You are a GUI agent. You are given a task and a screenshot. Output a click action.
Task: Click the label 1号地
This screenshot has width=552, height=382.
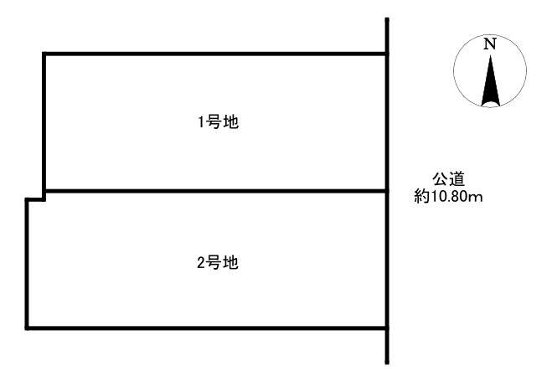219,122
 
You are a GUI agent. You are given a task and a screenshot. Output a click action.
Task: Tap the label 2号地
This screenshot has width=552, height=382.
218,263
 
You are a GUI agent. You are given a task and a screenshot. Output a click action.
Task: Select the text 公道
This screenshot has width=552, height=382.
448,179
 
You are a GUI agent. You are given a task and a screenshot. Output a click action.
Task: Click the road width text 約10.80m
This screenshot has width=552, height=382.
448,197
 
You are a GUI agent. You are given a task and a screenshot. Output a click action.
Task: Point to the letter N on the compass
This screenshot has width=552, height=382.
490,44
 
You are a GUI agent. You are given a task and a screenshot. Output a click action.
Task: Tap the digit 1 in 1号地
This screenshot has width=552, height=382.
201,122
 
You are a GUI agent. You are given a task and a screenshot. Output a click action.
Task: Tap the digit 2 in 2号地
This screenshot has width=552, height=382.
201,263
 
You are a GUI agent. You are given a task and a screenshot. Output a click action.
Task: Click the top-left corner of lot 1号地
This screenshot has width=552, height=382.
44,54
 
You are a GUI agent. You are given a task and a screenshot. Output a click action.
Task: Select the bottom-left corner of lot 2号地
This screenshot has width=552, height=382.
27,328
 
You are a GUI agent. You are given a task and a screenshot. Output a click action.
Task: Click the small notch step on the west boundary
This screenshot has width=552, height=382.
35,199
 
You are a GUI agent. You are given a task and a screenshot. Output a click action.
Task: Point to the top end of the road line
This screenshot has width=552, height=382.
387,18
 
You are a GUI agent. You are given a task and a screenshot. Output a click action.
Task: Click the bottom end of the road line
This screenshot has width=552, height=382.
387,363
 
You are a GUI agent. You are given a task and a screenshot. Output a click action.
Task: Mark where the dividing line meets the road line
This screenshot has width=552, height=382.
387,191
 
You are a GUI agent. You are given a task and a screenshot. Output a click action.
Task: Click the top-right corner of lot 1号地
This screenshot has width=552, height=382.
387,54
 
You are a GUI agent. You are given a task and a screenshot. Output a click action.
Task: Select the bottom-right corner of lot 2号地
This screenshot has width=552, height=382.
387,328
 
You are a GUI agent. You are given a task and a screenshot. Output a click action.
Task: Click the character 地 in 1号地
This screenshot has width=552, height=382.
231,122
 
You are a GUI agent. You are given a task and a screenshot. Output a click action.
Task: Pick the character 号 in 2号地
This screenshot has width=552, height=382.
214,263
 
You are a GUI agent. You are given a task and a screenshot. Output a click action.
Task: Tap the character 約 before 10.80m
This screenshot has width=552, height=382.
421,197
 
